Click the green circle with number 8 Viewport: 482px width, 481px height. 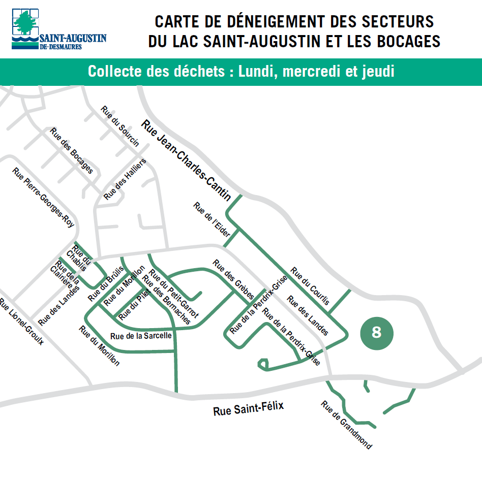[377, 333]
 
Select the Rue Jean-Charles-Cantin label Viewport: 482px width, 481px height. [186, 159]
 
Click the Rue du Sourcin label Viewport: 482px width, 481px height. [120, 126]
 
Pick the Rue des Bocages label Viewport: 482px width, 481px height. [71, 150]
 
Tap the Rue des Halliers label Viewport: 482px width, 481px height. [125, 179]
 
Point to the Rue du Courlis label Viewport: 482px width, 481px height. [310, 286]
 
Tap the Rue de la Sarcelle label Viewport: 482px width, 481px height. [141, 336]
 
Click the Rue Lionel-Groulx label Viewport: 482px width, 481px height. [21, 322]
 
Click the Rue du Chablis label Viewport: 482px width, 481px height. [79, 258]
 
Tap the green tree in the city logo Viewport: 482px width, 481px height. [24, 23]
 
